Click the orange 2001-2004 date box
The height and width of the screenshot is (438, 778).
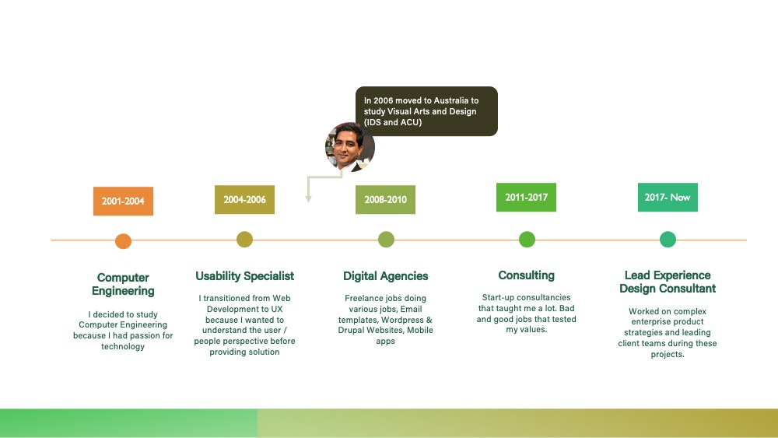[x=123, y=201]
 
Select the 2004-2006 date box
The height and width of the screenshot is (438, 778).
[x=244, y=199]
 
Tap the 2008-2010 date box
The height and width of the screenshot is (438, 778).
[x=386, y=199]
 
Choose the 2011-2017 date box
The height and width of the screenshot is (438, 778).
[x=527, y=198]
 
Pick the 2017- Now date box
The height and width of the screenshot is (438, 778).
[x=668, y=198]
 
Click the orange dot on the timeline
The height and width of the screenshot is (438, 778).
[x=123, y=241]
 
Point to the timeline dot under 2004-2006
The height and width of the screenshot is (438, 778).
[x=244, y=239]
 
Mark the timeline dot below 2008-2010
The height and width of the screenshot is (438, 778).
[x=386, y=239]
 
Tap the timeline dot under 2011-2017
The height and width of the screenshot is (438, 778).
[x=527, y=239]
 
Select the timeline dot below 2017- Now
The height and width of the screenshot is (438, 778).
[x=668, y=239]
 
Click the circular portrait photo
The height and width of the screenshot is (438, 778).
[x=350, y=147]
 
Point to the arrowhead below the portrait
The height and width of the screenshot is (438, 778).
[x=308, y=199]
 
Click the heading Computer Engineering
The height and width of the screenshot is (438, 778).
[x=123, y=284]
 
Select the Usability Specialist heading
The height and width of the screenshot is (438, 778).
[x=244, y=276]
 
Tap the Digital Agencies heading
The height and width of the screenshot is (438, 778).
[x=386, y=276]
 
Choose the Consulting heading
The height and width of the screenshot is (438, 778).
[x=527, y=275]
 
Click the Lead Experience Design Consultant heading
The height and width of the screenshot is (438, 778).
[x=668, y=282]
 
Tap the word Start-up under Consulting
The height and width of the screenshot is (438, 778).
[x=498, y=298]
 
